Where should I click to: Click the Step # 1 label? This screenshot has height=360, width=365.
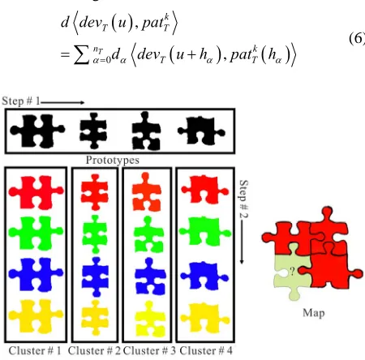(x=21, y=101)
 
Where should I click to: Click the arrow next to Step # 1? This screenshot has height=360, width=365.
(x=62, y=102)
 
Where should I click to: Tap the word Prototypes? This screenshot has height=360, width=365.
(x=113, y=160)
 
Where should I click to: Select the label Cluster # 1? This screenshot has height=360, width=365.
(x=35, y=351)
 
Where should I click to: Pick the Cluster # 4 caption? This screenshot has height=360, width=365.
(x=206, y=351)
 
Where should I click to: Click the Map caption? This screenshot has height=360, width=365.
(x=314, y=313)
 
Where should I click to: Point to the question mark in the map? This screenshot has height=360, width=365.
(x=292, y=271)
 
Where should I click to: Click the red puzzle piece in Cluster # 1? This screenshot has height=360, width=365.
(x=36, y=192)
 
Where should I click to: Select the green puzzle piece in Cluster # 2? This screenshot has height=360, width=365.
(x=95, y=234)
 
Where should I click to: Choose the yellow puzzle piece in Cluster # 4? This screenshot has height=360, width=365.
(x=205, y=318)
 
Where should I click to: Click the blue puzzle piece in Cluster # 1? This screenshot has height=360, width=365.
(x=36, y=275)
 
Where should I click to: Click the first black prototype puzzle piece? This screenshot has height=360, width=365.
(x=37, y=131)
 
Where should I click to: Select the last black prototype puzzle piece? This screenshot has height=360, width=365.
(x=201, y=131)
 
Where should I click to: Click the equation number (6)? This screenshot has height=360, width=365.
(x=357, y=39)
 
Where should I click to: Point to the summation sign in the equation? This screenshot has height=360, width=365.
(x=82, y=56)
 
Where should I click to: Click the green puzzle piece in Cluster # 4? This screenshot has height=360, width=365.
(x=205, y=231)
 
